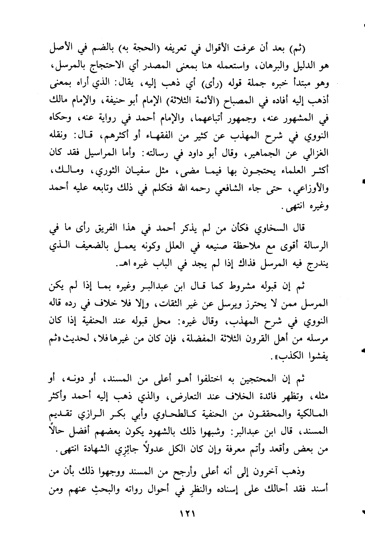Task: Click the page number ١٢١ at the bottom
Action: (187, 514)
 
